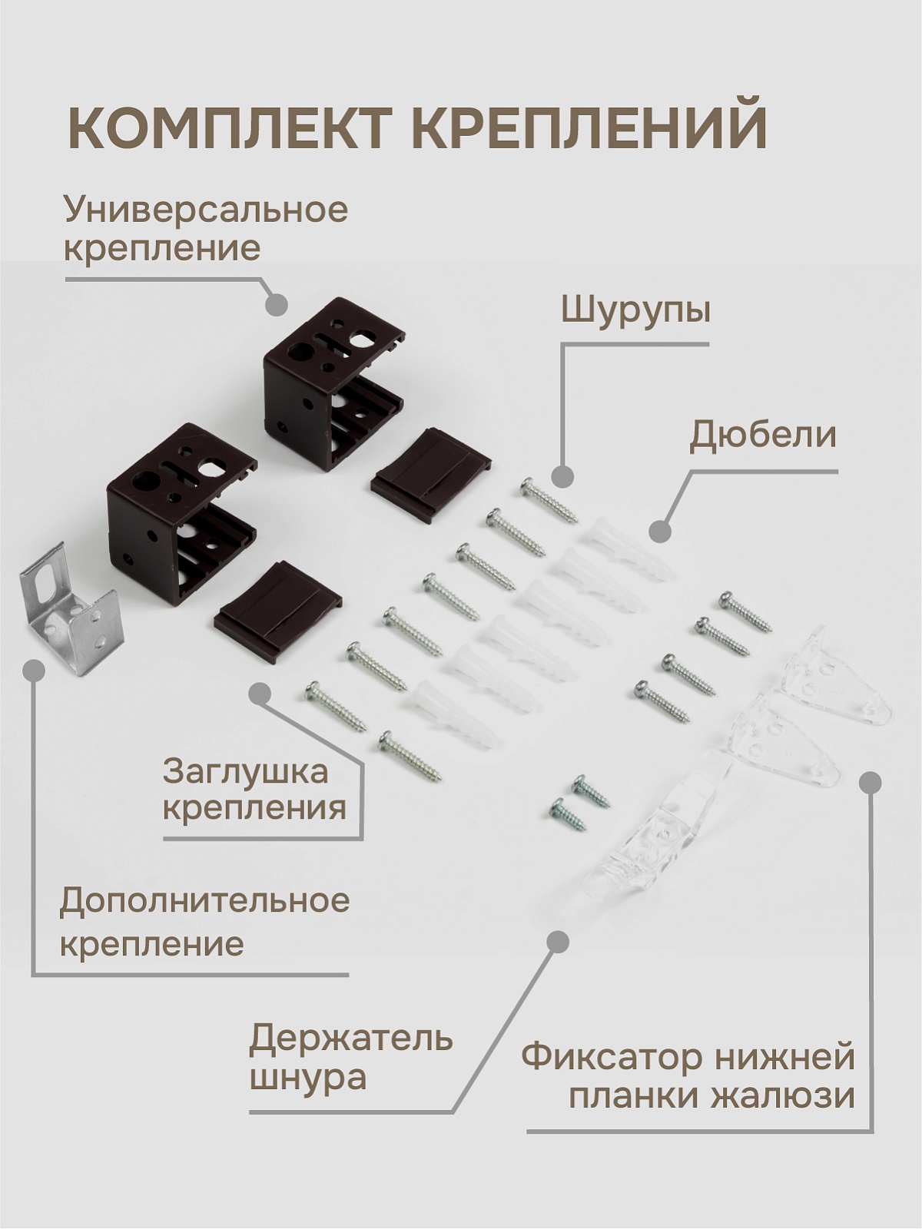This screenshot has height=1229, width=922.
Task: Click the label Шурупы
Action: click(635, 311)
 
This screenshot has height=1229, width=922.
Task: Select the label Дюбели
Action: click(762, 436)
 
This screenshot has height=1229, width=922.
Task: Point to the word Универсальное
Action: click(207, 210)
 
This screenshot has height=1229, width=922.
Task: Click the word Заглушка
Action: click(245, 772)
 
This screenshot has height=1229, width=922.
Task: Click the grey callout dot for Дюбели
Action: click(661, 531)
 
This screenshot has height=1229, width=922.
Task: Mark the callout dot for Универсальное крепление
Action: click(276, 304)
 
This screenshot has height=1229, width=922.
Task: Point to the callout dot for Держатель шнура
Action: click(557, 942)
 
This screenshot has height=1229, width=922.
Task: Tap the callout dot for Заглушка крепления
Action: click(259, 695)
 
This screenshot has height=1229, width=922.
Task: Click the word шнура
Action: click(307, 1079)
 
